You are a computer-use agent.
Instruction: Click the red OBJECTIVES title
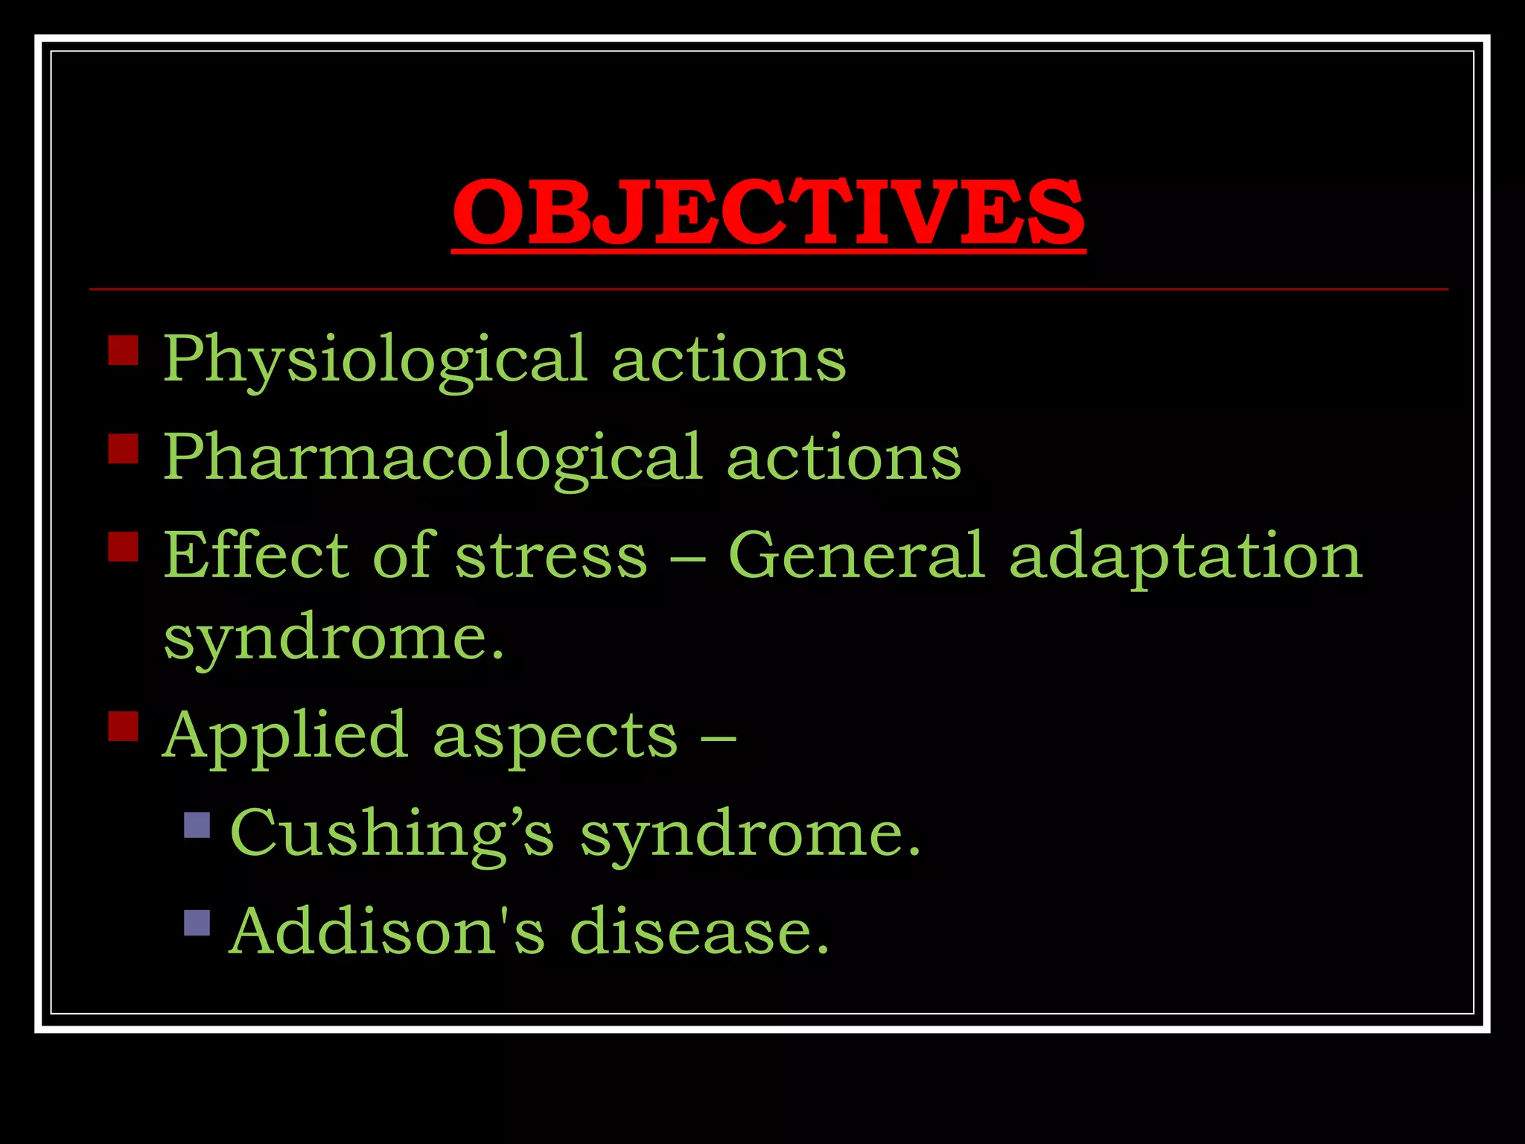[x=768, y=213]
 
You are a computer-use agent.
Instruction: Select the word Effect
[x=255, y=555]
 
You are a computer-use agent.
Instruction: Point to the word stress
[x=551, y=556]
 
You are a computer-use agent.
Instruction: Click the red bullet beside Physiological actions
[x=123, y=349]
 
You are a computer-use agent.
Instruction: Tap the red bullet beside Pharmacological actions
[x=123, y=448]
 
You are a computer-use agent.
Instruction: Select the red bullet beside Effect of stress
[x=123, y=546]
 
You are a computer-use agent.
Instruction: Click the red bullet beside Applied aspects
[x=123, y=726]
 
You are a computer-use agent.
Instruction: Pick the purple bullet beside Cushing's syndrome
[x=197, y=824]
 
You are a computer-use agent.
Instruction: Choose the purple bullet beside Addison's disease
[x=197, y=923]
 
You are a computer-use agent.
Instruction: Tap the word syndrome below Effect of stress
[x=333, y=640]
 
